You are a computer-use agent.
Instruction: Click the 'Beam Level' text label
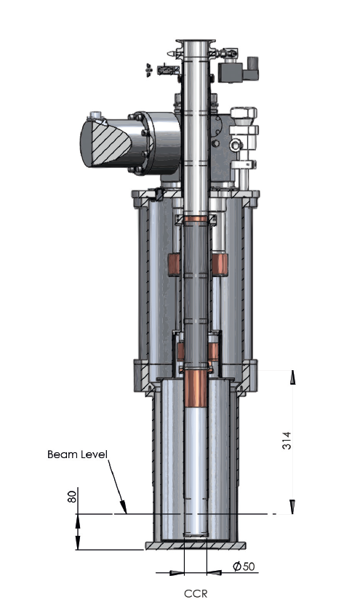tap(77, 454)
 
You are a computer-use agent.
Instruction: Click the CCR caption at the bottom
tap(196, 593)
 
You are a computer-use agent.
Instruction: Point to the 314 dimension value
tap(287, 440)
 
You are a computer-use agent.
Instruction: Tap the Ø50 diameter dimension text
tap(244, 566)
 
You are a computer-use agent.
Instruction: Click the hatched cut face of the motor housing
tap(110, 143)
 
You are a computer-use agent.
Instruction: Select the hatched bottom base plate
tap(196, 546)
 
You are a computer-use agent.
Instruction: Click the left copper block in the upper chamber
tap(175, 265)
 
